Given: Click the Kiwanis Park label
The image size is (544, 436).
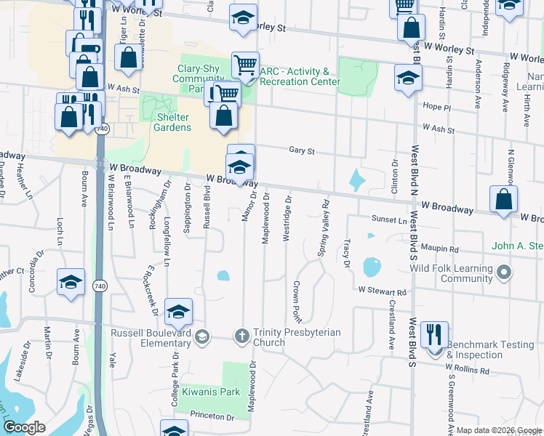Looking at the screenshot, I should (221, 392).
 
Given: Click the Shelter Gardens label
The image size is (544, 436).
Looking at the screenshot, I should (172, 122).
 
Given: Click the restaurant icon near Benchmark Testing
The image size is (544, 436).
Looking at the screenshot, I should (434, 335).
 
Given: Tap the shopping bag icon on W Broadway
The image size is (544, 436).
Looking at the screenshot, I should (503, 200).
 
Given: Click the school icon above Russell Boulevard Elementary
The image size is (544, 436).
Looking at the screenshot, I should (179, 312).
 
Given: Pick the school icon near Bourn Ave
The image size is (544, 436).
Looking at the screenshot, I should (71, 282).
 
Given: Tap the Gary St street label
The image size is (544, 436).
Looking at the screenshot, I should (300, 151).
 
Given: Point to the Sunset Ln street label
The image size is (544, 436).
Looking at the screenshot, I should (390, 219).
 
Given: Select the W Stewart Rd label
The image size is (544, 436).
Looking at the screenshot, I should (382, 290).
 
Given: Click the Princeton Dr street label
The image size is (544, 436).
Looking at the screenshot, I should (212, 417).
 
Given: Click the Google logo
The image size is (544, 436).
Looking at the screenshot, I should (25, 427).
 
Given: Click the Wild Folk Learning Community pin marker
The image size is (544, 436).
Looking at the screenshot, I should (505, 273).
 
